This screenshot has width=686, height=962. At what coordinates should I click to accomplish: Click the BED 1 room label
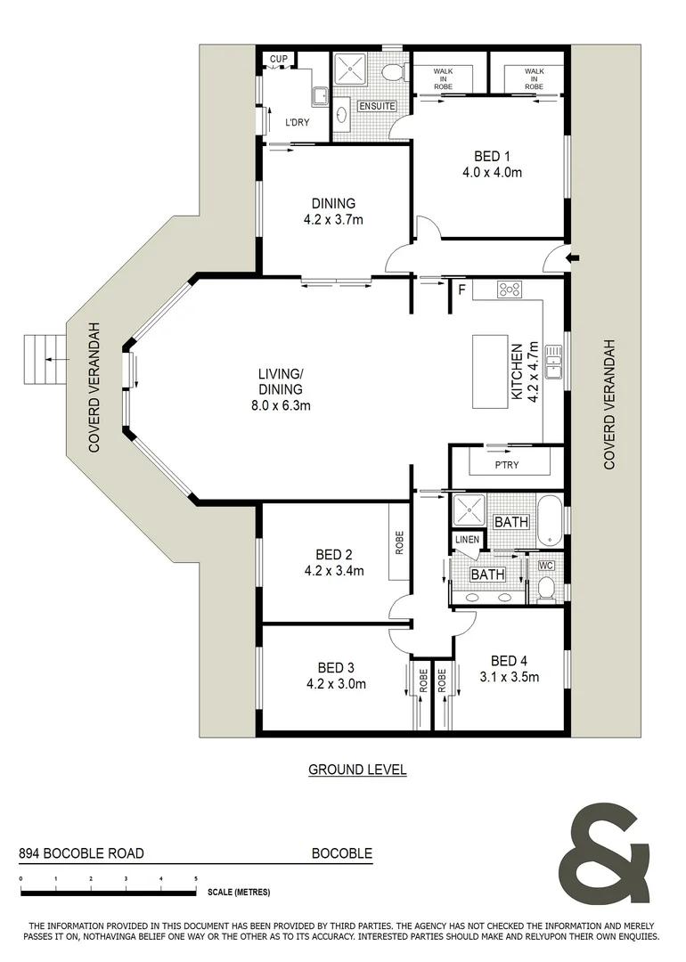(x=486, y=157)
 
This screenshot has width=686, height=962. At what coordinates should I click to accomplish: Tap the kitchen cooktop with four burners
(x=510, y=289)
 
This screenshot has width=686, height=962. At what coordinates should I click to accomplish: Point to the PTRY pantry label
(x=507, y=464)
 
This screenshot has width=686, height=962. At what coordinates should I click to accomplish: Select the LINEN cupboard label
(x=467, y=541)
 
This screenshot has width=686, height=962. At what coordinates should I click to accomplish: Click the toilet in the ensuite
(x=391, y=72)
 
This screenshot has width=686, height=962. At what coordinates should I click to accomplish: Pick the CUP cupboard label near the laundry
(x=278, y=60)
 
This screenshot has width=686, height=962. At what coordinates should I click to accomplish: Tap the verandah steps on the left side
(x=45, y=360)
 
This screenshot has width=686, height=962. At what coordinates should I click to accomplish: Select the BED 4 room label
(x=510, y=661)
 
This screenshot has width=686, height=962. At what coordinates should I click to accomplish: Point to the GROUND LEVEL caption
(x=357, y=770)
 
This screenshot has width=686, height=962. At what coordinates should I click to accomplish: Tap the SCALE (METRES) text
(x=239, y=892)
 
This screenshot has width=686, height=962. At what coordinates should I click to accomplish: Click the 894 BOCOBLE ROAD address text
(x=81, y=852)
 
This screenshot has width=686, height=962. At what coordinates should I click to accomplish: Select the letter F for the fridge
(x=461, y=289)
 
